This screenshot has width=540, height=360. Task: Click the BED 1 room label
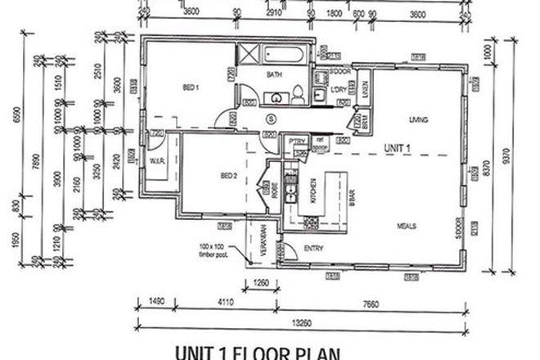point(191,87)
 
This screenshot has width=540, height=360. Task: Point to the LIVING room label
point(420,120)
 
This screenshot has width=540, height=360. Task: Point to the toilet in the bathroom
point(299,92)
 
